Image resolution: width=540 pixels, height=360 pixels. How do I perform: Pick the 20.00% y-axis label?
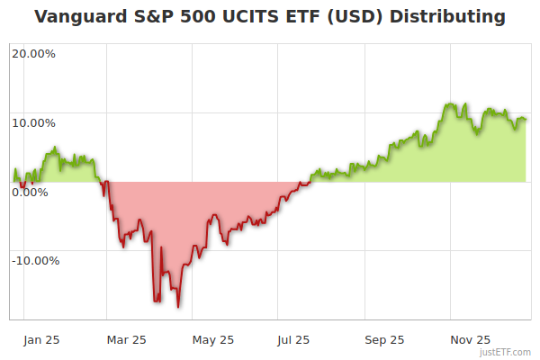[33, 53]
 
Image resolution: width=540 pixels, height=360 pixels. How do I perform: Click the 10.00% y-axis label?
[33, 122]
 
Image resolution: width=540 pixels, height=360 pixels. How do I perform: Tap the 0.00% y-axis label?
[30, 192]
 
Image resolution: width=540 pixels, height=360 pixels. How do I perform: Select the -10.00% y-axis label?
[35, 261]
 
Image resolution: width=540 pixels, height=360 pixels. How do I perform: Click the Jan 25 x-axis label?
[41, 339]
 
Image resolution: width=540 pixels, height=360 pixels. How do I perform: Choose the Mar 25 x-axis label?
[126, 339]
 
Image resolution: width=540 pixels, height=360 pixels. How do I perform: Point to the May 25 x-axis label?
[213, 339]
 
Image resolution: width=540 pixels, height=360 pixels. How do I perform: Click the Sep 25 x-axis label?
[384, 339]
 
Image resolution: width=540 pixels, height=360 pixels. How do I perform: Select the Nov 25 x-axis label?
[470, 339]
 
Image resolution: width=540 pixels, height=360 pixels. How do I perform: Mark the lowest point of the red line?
[178, 307]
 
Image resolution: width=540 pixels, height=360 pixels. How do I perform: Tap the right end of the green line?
[526, 120]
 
